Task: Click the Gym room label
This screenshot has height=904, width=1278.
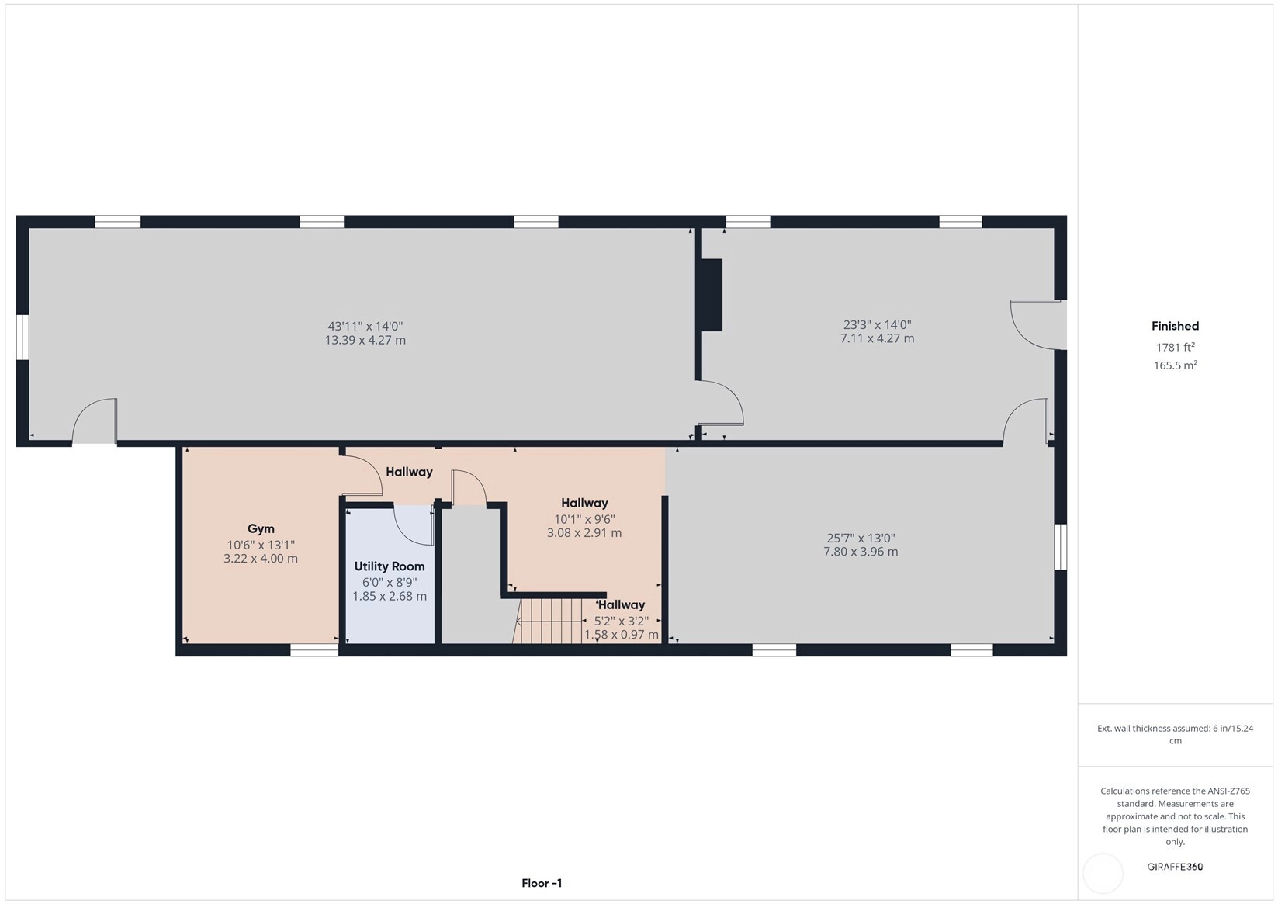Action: tap(261, 529)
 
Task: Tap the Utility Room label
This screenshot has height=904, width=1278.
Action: tap(389, 566)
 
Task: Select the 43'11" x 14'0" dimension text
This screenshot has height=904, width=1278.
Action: tap(365, 327)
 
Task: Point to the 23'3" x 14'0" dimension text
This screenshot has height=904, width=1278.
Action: tap(877, 324)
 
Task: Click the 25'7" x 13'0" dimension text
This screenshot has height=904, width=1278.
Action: tap(861, 539)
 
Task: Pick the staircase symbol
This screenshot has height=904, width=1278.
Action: tap(548, 621)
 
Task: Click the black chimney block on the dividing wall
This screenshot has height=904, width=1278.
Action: tap(712, 295)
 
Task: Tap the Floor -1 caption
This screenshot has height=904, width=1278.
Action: tap(542, 883)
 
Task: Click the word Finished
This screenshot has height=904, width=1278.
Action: tap(1175, 327)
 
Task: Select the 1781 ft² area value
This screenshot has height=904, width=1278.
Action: tap(1175, 347)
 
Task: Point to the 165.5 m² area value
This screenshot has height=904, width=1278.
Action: tap(1175, 365)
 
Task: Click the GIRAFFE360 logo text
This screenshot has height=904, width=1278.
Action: tap(1175, 866)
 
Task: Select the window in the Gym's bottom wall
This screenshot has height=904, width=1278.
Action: tap(314, 650)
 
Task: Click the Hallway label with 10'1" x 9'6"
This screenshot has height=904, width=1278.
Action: tap(584, 504)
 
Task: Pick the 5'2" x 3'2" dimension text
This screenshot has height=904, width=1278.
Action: tap(622, 622)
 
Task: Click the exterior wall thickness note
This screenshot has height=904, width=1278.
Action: tap(1175, 735)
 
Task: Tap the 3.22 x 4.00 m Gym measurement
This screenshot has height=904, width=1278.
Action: tap(260, 559)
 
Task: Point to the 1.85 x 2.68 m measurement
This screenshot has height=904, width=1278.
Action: tap(389, 597)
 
